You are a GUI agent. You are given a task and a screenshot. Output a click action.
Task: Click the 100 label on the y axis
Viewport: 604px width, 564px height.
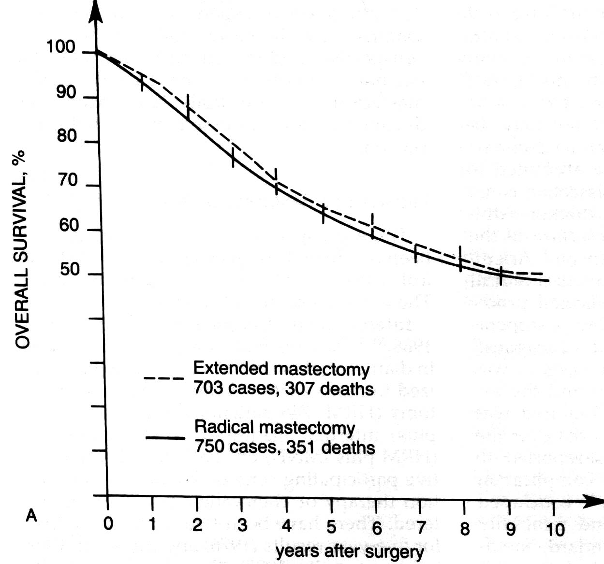pos(60,47)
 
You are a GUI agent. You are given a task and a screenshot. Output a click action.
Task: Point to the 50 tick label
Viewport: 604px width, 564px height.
pos(70,270)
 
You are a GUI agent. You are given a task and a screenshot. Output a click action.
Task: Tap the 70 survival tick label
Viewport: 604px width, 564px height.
pos(68,180)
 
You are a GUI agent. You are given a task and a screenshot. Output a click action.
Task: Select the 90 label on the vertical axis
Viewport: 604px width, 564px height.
pos(66,92)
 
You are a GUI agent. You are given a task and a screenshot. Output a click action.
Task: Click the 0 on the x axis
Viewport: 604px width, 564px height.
pos(108,523)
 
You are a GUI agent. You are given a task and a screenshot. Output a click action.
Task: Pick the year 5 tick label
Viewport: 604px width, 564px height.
pos(331,527)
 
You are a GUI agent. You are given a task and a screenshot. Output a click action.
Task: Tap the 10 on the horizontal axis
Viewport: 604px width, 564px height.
pos(555,530)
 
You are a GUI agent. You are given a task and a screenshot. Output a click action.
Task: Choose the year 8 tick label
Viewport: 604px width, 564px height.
pos(465,529)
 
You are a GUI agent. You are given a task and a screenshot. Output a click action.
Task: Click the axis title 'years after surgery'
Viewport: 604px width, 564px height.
pos(350,551)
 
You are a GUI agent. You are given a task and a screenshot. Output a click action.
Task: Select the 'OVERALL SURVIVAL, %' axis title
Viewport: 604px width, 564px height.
pos(21,249)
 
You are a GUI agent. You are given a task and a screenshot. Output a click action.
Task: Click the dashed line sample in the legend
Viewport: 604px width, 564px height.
pos(163,378)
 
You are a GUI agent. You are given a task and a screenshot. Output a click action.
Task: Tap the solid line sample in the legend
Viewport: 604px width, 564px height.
pos(165,438)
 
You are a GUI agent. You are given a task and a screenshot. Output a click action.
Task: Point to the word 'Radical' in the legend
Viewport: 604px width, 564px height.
pos(224,427)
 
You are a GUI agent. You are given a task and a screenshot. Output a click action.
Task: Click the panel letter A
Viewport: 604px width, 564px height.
pos(31,516)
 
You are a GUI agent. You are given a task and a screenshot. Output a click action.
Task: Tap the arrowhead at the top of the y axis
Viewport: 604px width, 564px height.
pos(96,12)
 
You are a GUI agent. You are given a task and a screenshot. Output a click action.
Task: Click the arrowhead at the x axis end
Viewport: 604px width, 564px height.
pos(593,501)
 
